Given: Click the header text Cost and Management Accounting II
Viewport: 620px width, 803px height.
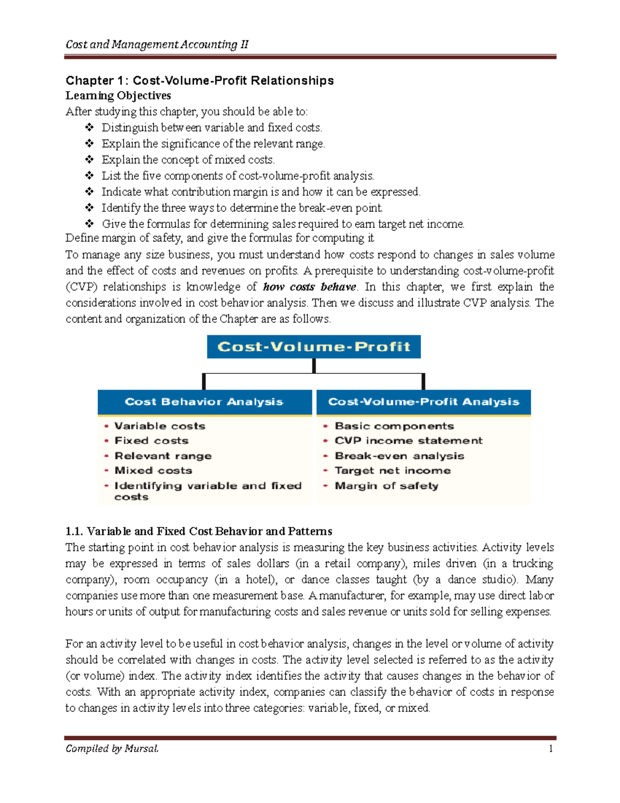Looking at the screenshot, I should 157,44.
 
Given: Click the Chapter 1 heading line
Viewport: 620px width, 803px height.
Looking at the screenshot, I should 199,81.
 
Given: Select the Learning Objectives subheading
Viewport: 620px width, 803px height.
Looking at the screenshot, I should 118,96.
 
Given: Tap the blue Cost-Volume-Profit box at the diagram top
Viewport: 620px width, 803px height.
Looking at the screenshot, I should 314,346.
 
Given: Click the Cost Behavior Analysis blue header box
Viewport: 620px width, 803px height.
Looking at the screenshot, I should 204,402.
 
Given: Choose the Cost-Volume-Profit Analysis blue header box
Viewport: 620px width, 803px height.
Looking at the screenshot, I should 423,402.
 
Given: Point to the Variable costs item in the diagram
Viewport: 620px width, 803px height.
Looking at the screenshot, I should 160,426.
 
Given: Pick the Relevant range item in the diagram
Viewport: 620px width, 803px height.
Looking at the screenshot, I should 163,456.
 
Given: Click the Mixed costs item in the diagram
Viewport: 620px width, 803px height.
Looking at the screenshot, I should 153,471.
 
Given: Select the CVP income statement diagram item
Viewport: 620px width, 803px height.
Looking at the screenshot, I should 408,441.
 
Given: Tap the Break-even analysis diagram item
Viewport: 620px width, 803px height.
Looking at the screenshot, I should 399,456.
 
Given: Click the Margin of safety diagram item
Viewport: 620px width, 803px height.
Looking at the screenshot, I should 386,486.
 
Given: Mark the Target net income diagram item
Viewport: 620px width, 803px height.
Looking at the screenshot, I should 392,471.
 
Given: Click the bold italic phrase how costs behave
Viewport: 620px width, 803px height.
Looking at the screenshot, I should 309,287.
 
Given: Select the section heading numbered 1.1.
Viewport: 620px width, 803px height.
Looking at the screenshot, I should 198,531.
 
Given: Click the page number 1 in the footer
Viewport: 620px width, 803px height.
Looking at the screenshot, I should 551,749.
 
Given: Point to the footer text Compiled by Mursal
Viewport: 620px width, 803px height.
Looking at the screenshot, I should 112,749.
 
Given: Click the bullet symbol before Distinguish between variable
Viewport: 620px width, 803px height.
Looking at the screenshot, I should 89,128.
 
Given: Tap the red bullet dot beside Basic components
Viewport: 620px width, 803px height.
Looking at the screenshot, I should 326,427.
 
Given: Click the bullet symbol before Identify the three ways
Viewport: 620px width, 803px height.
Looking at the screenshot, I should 89,208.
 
